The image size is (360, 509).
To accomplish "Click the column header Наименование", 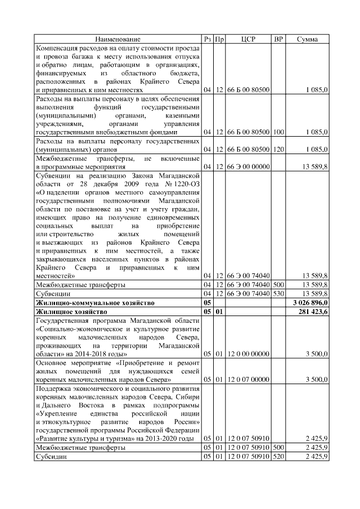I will pyautogui.click(x=118, y=39).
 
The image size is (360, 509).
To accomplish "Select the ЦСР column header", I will pyautogui.click(x=248, y=39).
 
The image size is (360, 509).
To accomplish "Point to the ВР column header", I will pyautogui.click(x=278, y=39).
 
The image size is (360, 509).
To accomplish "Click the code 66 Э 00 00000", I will pyautogui.click(x=248, y=166).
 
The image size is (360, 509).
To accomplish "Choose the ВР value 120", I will pyautogui.click(x=278, y=149).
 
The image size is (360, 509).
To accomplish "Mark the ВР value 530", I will pyautogui.click(x=278, y=294).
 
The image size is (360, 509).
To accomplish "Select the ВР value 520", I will pyautogui.click(x=278, y=456).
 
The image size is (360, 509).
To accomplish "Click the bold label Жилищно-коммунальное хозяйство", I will pyautogui.click(x=94, y=303).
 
